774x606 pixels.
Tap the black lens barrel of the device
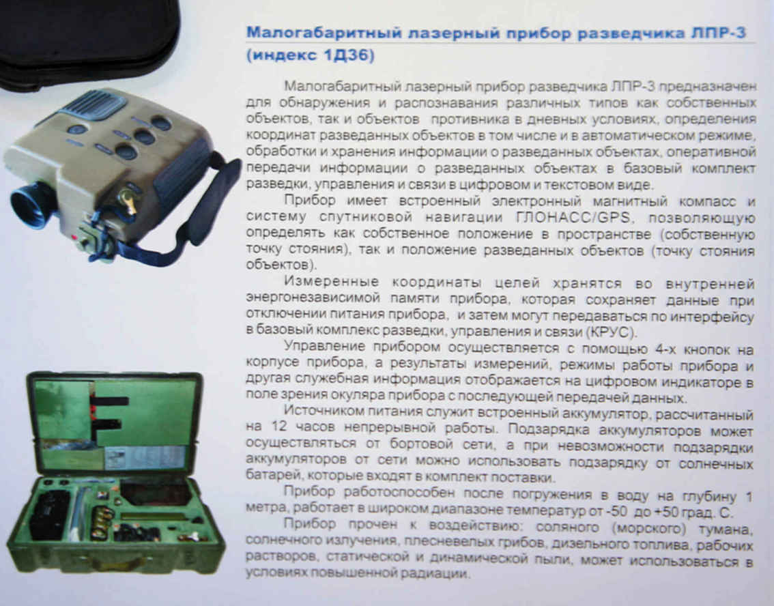31,204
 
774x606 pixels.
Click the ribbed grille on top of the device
94,104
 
